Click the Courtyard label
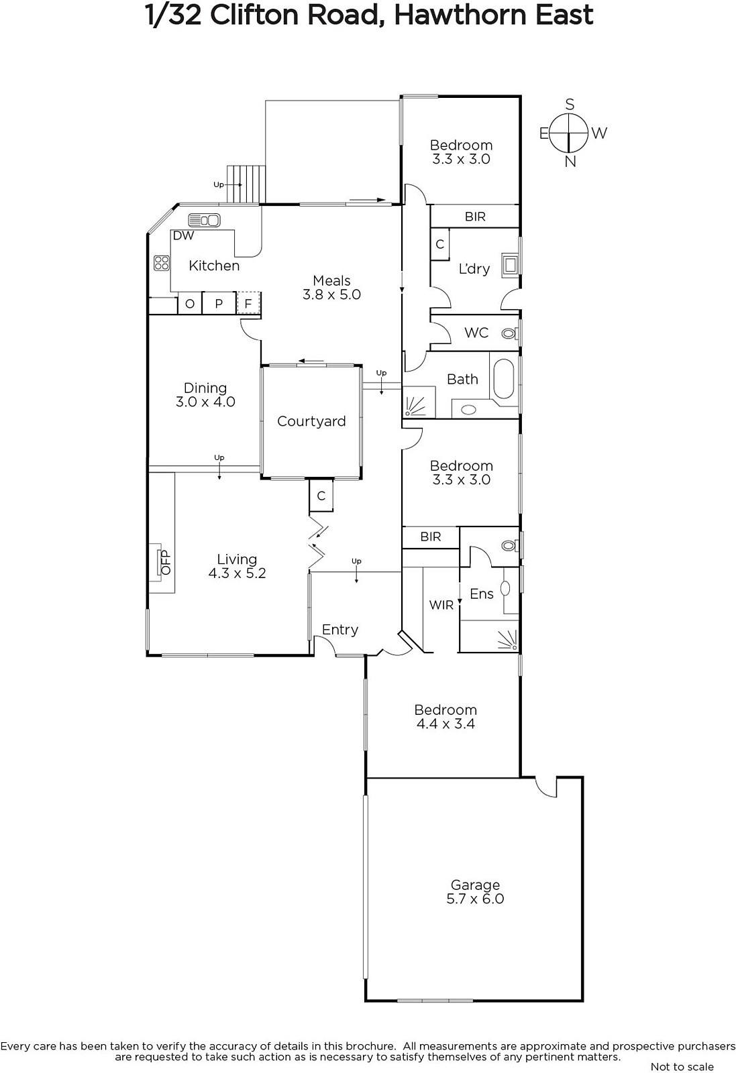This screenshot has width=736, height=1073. pos(311,421)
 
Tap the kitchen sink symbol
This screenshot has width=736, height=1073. pos(204,220)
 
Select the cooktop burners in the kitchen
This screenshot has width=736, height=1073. pos(162,263)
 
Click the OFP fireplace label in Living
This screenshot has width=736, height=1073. pos(166,563)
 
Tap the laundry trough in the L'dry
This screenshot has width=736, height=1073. pos(510,264)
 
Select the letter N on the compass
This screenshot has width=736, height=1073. pos(570,162)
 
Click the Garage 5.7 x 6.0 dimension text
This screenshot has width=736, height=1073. pos(475,899)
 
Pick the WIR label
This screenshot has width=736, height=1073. pos(441,605)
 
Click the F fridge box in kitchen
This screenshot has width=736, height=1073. pos(248,302)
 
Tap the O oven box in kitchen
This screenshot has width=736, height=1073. pos(190,303)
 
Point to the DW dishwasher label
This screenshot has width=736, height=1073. pos(183,235)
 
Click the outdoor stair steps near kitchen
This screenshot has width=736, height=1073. pos(246,184)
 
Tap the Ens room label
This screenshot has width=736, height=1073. pos(482,594)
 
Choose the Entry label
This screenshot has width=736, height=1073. pos(339,630)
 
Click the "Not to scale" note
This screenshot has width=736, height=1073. pos(682,1067)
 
